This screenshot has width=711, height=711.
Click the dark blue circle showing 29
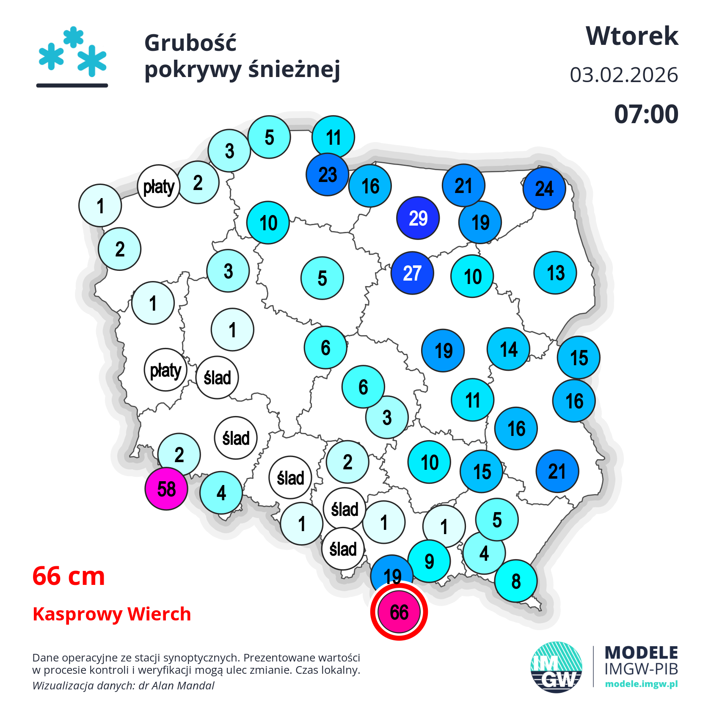[418, 218]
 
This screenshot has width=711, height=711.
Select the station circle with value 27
[412, 273]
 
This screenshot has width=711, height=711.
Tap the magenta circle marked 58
[166, 489]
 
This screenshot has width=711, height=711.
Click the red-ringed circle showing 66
[399, 612]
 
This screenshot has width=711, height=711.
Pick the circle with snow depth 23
[328, 174]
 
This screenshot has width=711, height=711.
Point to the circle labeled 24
[544, 188]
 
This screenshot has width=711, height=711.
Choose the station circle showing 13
[555, 273]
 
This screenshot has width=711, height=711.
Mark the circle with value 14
[508, 349]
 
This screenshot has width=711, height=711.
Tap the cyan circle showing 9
[429, 561]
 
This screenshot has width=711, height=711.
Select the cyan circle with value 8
[516, 581]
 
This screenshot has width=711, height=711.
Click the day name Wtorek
[632, 36]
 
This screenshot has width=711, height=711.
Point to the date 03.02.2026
[624, 75]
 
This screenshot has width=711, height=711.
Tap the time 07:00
[646, 114]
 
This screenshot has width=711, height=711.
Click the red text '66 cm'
[69, 576]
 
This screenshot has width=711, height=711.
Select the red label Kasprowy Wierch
[112, 614]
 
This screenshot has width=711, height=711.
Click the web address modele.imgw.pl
[641, 684]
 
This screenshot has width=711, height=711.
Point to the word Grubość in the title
[190, 43]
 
